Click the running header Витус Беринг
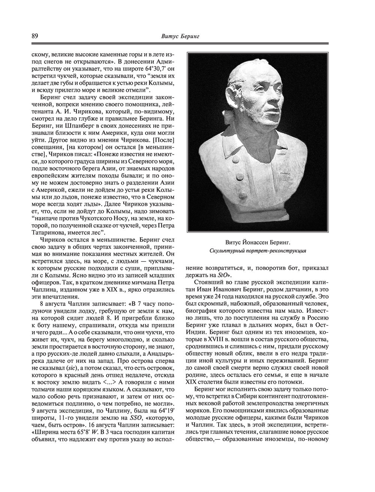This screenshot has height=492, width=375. click(x=180, y=36)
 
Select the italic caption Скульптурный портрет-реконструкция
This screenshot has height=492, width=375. click(x=258, y=250)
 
